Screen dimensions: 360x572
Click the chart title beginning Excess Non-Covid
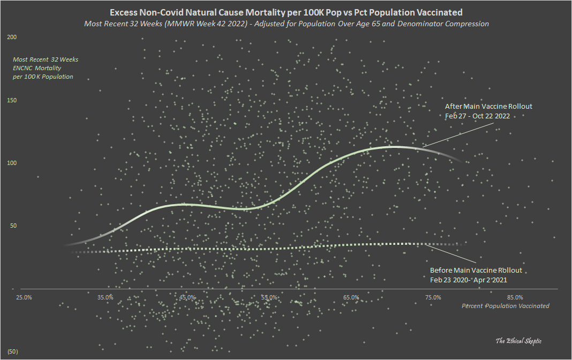(286, 12)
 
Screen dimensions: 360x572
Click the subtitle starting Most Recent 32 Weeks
(286, 24)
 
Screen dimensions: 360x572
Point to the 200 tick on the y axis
(12, 37)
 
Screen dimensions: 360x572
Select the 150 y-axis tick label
(12, 100)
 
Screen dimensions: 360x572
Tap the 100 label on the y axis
(12, 163)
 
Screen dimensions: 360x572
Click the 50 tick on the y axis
(11, 226)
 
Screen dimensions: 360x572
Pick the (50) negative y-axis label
(13, 351)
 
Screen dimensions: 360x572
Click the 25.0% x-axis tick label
(24, 297)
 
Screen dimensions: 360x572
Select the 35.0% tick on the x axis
(106, 297)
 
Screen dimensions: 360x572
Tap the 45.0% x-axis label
(187, 297)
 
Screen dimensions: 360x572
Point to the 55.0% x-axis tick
(269, 297)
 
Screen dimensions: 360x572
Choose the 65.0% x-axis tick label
(351, 297)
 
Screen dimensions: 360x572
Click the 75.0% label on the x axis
(433, 297)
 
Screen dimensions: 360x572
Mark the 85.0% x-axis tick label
(515, 297)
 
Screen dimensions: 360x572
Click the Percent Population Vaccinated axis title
(505, 306)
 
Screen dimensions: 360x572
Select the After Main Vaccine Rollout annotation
(488, 106)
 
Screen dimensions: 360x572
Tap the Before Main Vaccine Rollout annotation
(476, 270)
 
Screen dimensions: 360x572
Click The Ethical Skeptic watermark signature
(518, 341)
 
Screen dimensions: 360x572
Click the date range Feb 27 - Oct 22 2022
(477, 115)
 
